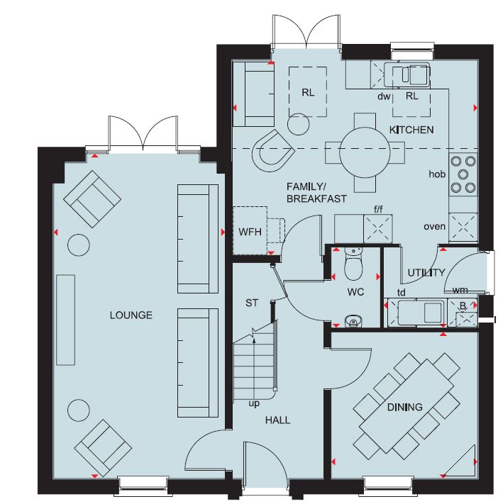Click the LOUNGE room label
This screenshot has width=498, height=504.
pyautogui.click(x=131, y=315)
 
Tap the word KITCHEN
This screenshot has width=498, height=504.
pyautogui.click(x=411, y=130)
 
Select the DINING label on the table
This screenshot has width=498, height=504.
pyautogui.click(x=404, y=408)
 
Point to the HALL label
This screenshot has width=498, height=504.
pyautogui.click(x=277, y=420)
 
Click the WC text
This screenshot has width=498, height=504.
pyautogui.click(x=355, y=292)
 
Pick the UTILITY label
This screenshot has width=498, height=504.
pyautogui.click(x=426, y=273)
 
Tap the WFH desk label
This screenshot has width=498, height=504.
pyautogui.click(x=250, y=232)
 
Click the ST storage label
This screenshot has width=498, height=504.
pyautogui.click(x=252, y=303)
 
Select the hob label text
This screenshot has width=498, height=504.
pyautogui.click(x=437, y=174)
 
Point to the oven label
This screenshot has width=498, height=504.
pyautogui.click(x=435, y=227)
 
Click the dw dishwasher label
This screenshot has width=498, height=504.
pyautogui.click(x=384, y=96)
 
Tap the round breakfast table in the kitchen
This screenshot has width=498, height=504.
pyautogui.click(x=365, y=152)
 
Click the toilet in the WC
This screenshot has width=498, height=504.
pyautogui.click(x=353, y=264)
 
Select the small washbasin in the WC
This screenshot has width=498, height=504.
pyautogui.click(x=353, y=321)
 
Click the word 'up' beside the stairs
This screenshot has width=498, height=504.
pyautogui.click(x=254, y=403)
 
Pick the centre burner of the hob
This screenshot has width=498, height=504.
pyautogui.click(x=463, y=174)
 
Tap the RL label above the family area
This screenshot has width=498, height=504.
pyautogui.click(x=308, y=93)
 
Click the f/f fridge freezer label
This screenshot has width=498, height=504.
pyautogui.click(x=378, y=210)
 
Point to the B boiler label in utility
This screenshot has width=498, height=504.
pyautogui.click(x=463, y=306)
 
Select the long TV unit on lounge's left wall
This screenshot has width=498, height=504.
pyautogui.click(x=66, y=320)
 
